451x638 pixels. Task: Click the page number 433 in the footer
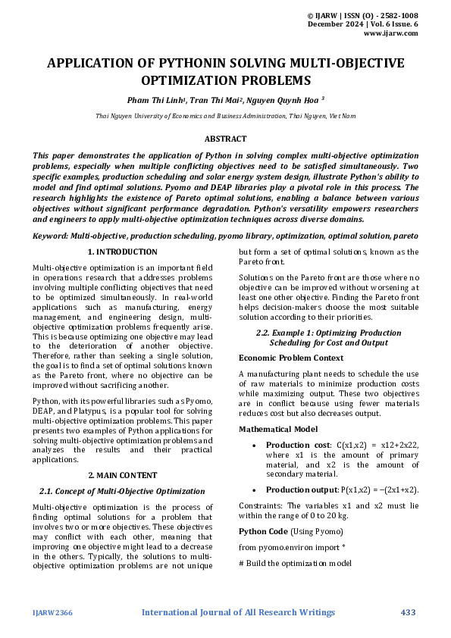pyautogui.click(x=409, y=612)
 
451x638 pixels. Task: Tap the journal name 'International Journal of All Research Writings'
pyautogui.click(x=238, y=612)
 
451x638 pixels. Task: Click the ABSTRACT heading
pyautogui.click(x=225, y=139)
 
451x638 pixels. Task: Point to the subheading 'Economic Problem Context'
pyautogui.click(x=290, y=357)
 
